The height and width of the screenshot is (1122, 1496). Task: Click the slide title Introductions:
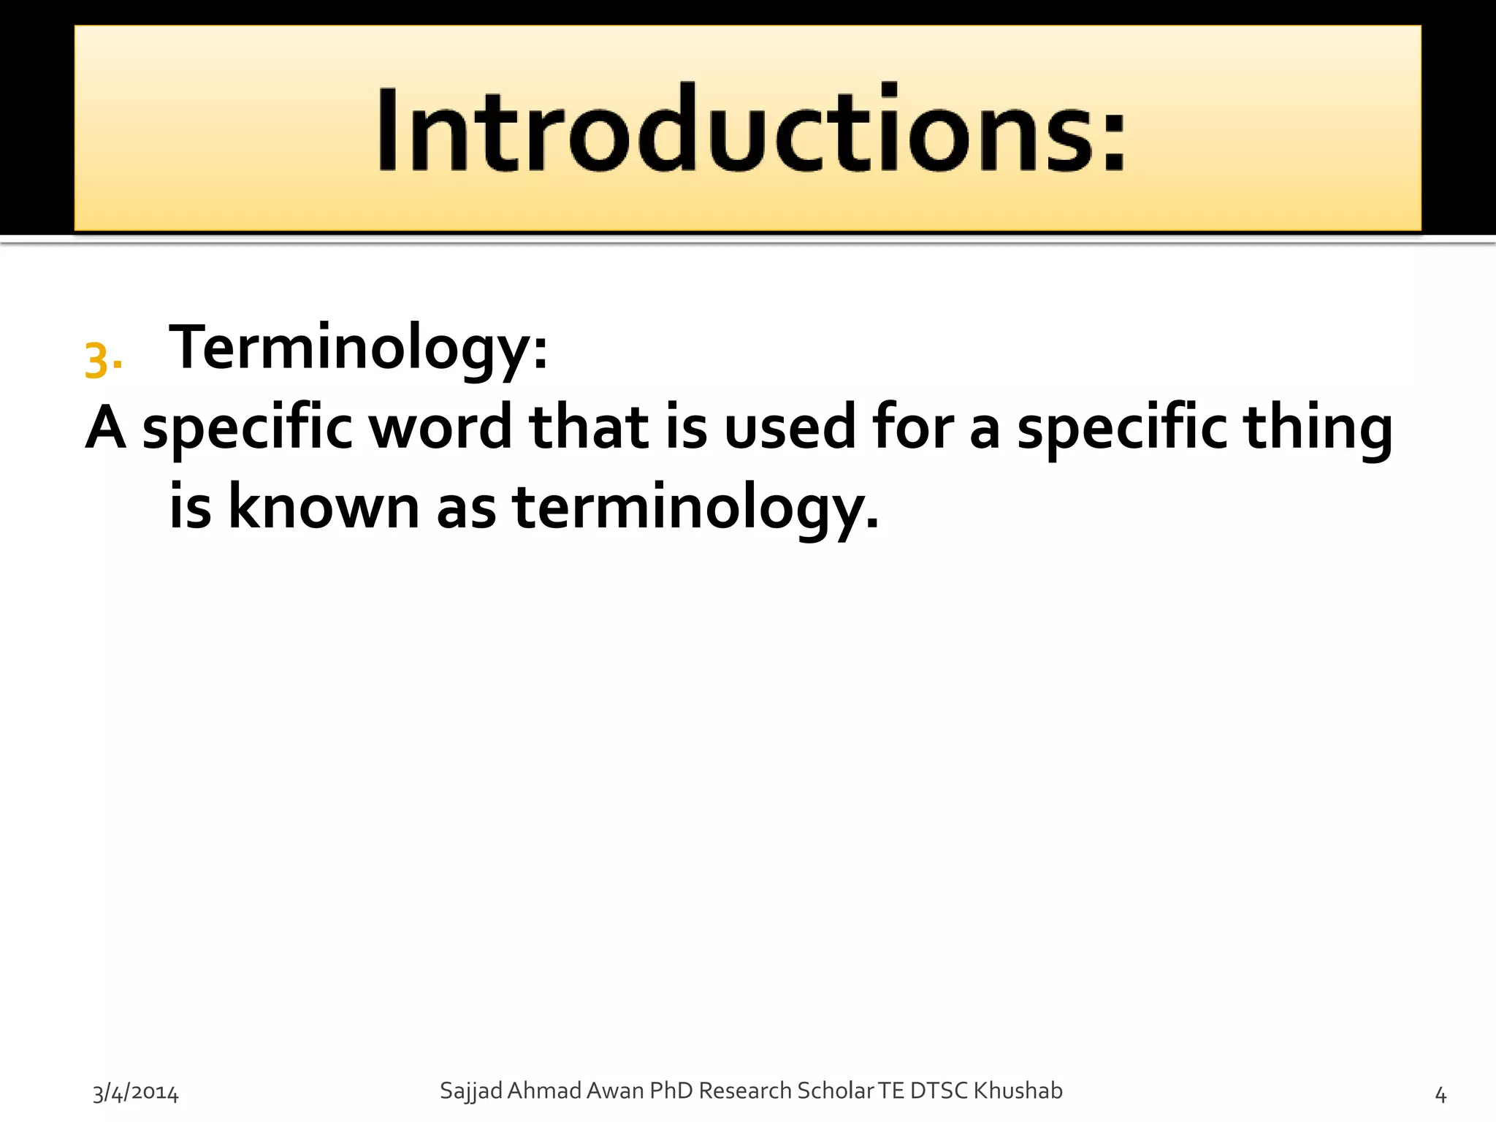[751, 130]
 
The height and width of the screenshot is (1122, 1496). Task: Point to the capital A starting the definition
[105, 427]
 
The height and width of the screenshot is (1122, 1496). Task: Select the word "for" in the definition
[913, 427]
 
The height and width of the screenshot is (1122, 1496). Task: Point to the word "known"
[324, 508]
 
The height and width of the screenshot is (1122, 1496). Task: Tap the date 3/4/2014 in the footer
[135, 1094]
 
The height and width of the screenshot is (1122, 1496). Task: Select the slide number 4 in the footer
[1440, 1094]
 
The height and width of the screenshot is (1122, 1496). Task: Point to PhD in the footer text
[671, 1091]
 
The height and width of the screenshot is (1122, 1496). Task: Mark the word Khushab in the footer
[1018, 1091]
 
